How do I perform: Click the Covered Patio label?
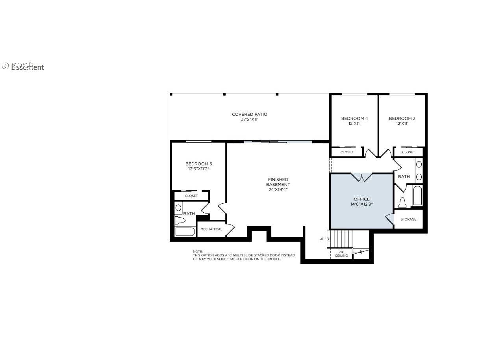[249, 115]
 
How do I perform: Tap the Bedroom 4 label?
[354, 119]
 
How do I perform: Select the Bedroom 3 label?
[402, 119]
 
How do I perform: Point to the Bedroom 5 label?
[198, 164]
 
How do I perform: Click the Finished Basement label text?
[278, 182]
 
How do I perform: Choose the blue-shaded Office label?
[361, 199]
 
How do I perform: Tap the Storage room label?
[408, 219]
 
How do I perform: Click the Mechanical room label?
[211, 229]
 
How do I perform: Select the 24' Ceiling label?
[341, 254]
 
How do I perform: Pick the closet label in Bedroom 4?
[347, 152]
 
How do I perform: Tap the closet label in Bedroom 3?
[408, 152]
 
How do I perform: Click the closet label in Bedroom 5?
[191, 196]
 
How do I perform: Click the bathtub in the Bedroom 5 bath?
[185, 232]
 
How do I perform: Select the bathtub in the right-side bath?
[417, 196]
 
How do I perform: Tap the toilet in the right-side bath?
[402, 202]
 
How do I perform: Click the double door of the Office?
[361, 177]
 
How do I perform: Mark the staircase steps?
[341, 239]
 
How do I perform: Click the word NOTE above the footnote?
[197, 252]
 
